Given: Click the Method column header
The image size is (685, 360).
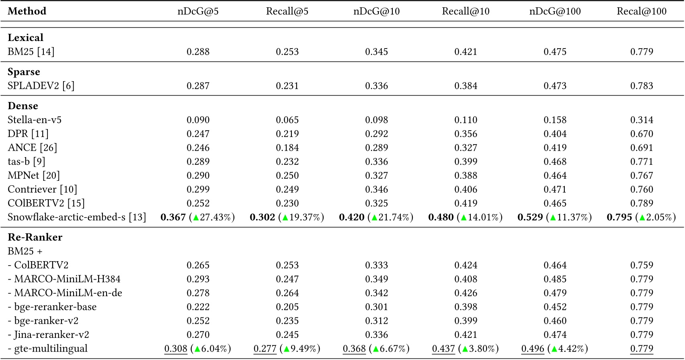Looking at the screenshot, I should coord(27,11).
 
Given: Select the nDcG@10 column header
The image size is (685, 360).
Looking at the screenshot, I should coord(376,11).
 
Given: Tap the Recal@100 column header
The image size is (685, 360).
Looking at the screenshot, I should coord(642,11).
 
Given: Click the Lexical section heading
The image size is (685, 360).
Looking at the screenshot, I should coord(25,38).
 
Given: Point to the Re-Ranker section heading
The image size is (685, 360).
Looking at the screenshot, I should coord(35,237).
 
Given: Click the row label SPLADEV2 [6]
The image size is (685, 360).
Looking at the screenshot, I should coord(41,86).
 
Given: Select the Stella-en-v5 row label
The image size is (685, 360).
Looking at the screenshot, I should coord(35,120).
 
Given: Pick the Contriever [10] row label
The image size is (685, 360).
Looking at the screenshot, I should coord(42,189).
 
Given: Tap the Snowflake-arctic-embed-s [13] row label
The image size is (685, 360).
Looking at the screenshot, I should coord(77,217).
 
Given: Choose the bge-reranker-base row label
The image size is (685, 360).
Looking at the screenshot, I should coord(52,307).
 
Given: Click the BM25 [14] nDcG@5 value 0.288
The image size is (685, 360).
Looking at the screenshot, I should coord(198,52).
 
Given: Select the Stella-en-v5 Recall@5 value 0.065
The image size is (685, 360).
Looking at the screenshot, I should coord(287,120).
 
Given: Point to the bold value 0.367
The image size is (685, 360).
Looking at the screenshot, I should coord(173,217).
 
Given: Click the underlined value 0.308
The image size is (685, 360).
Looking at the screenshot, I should coord(176,349).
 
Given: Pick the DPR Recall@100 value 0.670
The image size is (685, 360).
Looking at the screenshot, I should coord(642,134).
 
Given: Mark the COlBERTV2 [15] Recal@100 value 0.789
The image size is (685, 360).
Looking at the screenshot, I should coord(642,203).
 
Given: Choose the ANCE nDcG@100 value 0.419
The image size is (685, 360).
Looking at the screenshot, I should coord(555,148).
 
